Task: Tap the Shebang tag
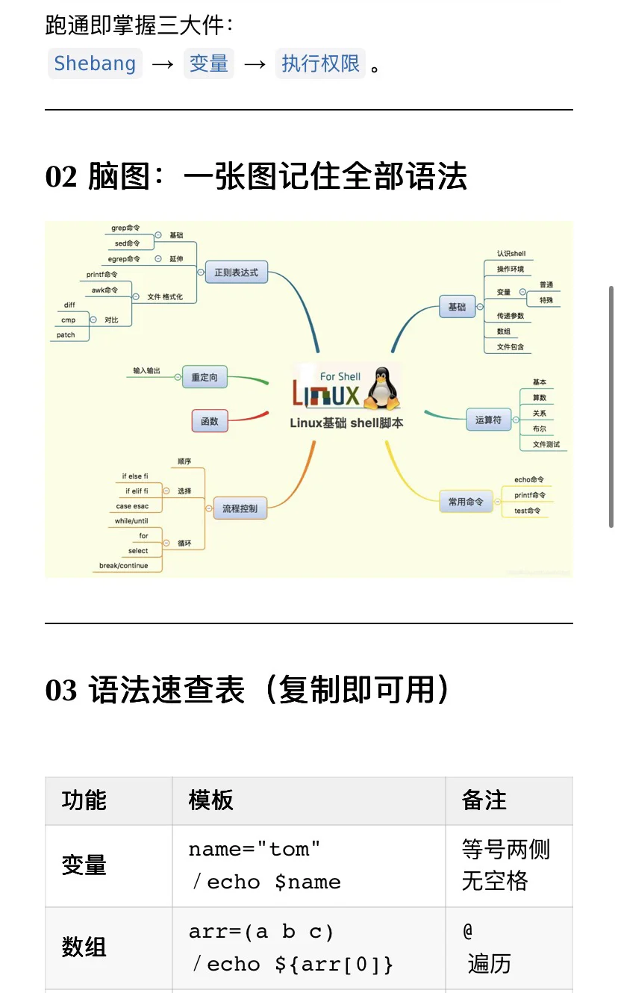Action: pyautogui.click(x=95, y=64)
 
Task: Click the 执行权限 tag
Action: pyautogui.click(x=320, y=64)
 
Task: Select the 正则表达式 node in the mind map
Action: pyautogui.click(x=236, y=273)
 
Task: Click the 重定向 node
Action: pyautogui.click(x=205, y=378)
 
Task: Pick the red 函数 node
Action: pyautogui.click(x=210, y=421)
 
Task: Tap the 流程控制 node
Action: pyautogui.click(x=240, y=508)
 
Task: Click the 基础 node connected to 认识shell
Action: pyautogui.click(x=457, y=307)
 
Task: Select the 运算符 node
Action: pyautogui.click(x=488, y=420)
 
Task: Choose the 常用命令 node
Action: pyautogui.click(x=465, y=502)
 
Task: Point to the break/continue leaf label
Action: pyautogui.click(x=124, y=566)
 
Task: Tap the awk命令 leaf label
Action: pyautogui.click(x=105, y=290)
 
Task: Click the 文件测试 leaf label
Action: pyautogui.click(x=546, y=444)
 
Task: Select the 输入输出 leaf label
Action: pyautogui.click(x=146, y=370)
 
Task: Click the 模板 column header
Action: pyautogui.click(x=211, y=801)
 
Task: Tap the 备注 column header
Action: pyautogui.click(x=484, y=801)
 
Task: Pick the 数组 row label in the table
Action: pyautogui.click(x=84, y=948)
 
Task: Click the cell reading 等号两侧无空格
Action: pyautogui.click(x=505, y=865)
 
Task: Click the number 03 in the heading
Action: pyautogui.click(x=61, y=691)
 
